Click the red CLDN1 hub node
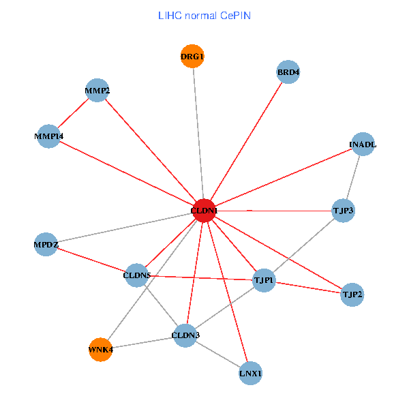click(x=204, y=211)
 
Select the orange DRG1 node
click(x=192, y=56)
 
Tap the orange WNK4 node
click(x=100, y=350)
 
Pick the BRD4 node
click(x=288, y=72)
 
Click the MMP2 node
click(x=97, y=91)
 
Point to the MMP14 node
click(x=48, y=136)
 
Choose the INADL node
click(x=363, y=145)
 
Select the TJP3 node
click(x=343, y=211)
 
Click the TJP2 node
click(x=352, y=294)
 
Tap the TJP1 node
click(x=264, y=280)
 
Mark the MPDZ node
click(x=46, y=244)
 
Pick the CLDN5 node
click(x=137, y=275)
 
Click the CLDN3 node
click(x=185, y=335)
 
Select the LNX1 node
click(x=251, y=373)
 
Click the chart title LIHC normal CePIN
click(x=204, y=15)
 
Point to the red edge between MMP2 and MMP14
click(x=73, y=113)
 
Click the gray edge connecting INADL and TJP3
click(x=353, y=177)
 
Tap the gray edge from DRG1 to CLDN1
click(x=198, y=133)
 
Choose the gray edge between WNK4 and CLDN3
click(x=143, y=342)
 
